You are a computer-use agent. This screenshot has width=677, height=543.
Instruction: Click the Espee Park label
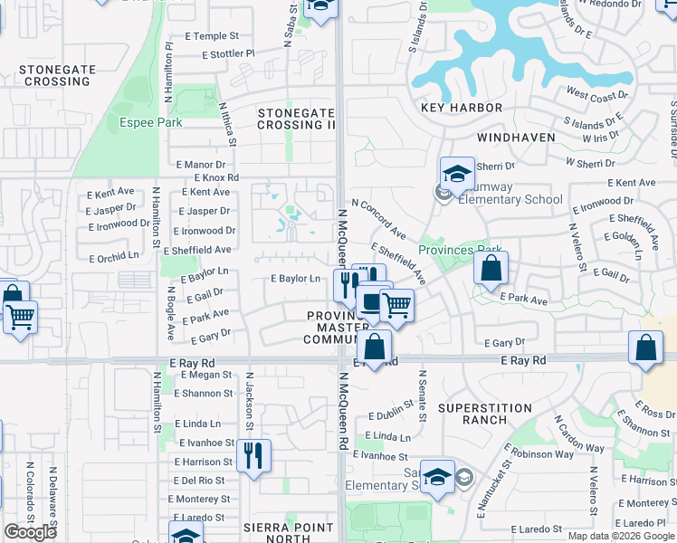tap(151, 122)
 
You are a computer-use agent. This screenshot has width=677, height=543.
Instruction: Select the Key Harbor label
tap(462, 108)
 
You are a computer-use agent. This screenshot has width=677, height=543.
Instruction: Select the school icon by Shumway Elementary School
tap(457, 173)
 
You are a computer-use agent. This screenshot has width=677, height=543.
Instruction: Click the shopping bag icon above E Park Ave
tap(491, 268)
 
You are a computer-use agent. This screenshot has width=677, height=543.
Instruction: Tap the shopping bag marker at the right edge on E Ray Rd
tap(646, 348)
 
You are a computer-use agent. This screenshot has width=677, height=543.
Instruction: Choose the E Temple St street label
tap(209, 36)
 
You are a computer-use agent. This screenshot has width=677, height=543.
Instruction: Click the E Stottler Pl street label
tap(229, 54)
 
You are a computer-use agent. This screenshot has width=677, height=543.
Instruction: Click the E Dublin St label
tap(390, 415)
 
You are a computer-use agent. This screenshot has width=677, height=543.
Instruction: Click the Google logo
tap(30, 532)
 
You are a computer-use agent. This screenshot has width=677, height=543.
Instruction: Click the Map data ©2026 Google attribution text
tap(621, 536)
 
